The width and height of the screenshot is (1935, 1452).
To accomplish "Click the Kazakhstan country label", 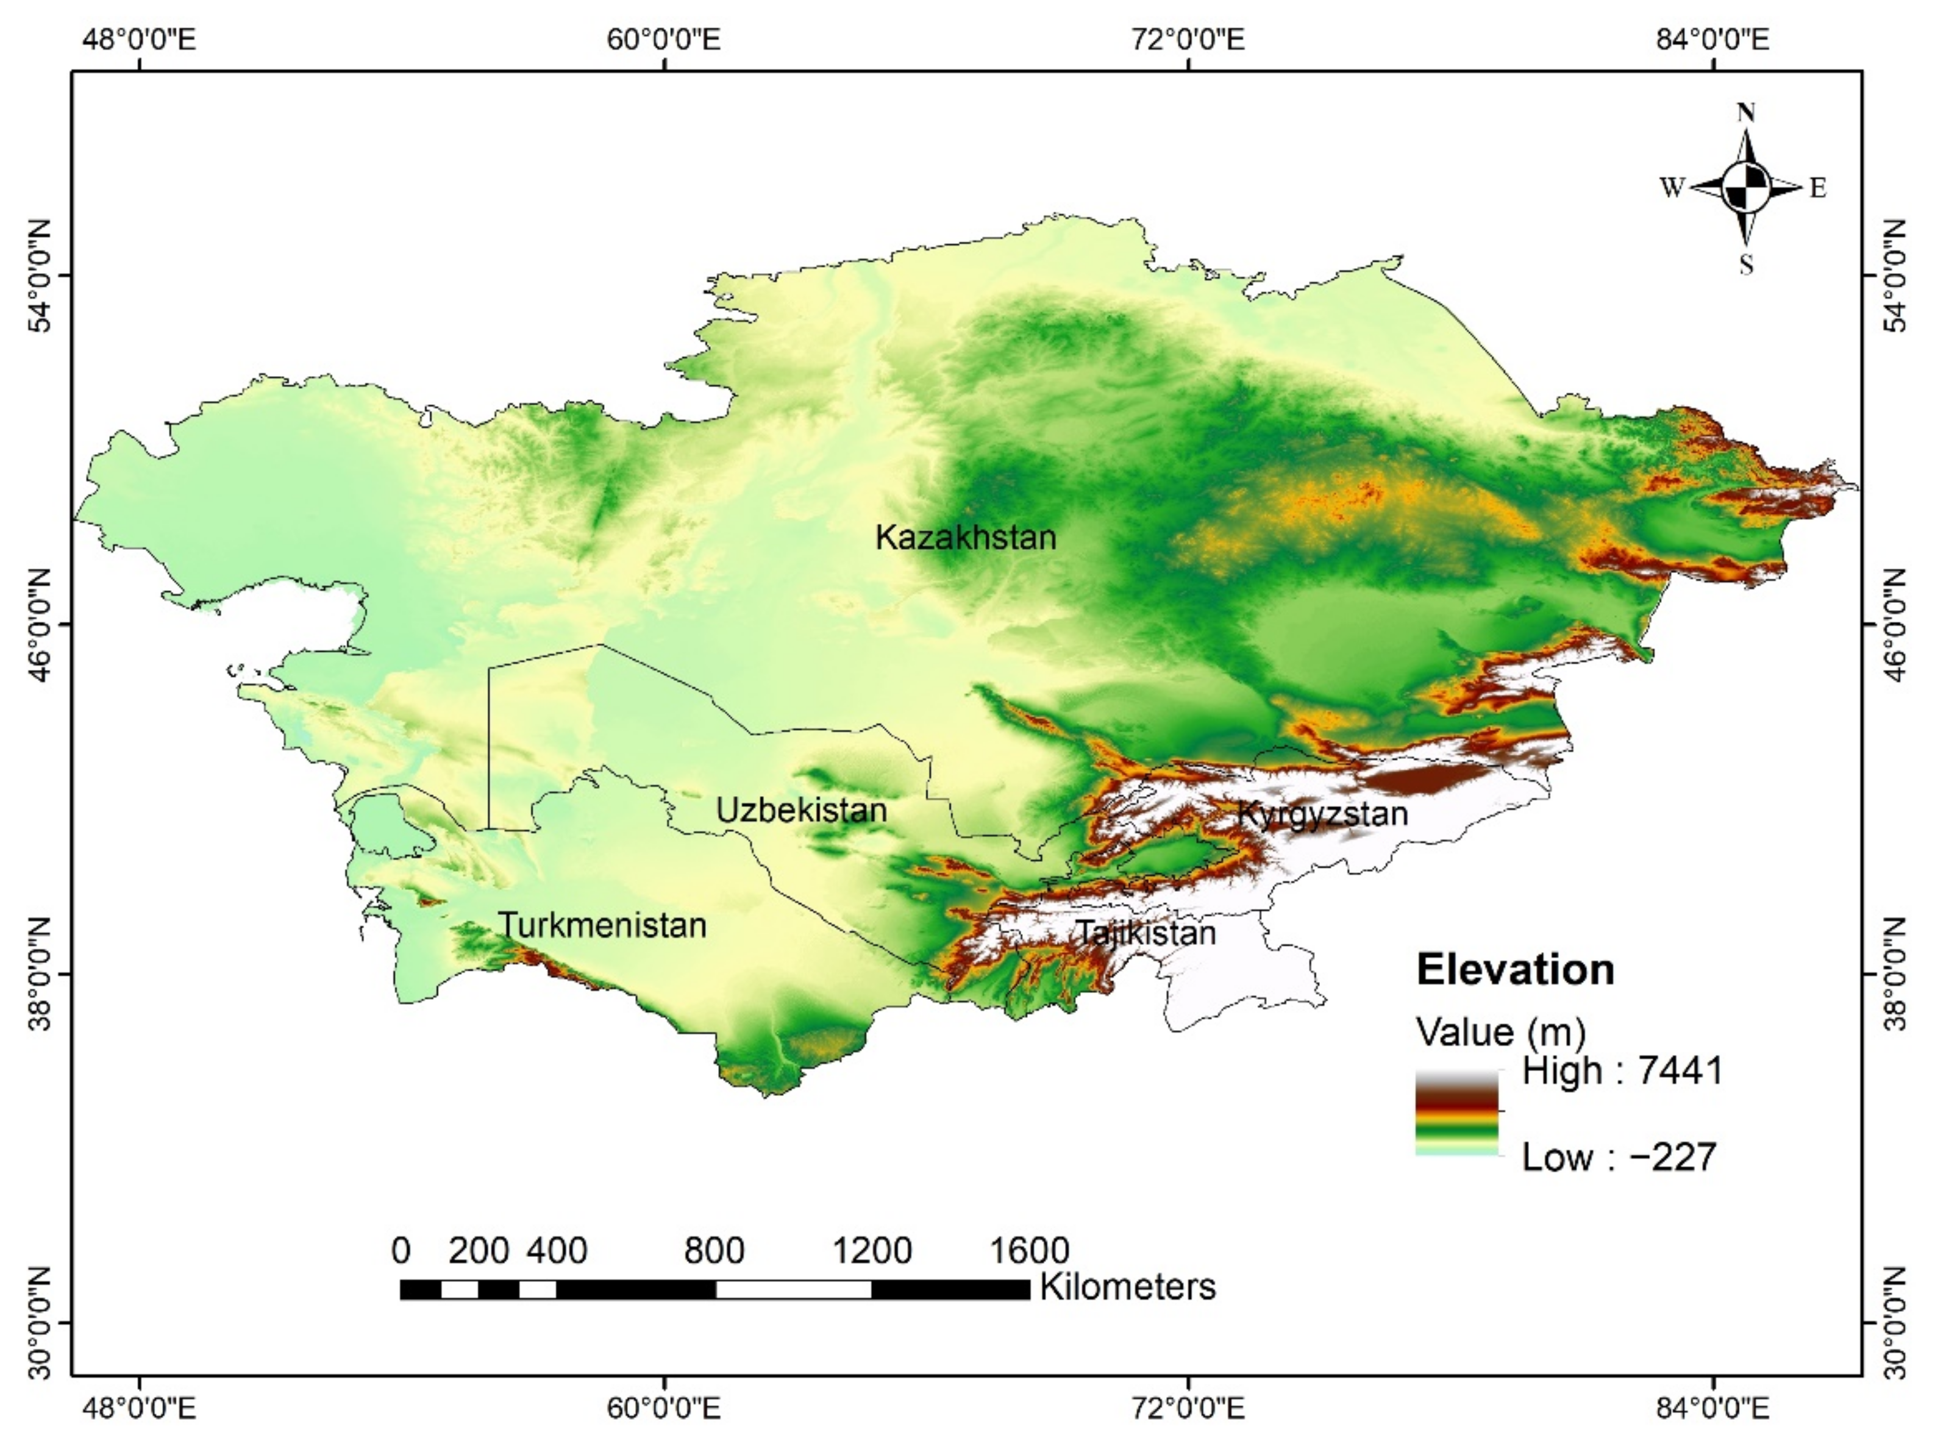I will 966,537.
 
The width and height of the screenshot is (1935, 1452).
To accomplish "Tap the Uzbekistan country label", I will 801,811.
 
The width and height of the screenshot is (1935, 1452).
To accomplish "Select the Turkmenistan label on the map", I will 602,925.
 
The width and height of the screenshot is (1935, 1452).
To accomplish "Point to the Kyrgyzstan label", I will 1323,814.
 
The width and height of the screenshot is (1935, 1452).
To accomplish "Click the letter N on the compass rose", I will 1745,113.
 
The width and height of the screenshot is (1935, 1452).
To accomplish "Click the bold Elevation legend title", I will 1515,970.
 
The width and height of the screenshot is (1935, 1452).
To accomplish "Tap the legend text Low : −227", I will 1619,1157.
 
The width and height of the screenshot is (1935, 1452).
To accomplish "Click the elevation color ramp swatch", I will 1456,1112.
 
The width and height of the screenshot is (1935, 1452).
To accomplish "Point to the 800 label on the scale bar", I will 714,1251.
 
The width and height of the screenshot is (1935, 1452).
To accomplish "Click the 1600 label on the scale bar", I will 1028,1251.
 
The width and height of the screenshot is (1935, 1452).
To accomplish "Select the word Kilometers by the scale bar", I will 1128,1287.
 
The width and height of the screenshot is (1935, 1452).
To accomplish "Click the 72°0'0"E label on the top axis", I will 1189,40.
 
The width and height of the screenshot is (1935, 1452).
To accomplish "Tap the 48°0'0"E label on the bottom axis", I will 140,1409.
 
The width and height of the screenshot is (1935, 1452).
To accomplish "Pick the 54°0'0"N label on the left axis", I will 40,276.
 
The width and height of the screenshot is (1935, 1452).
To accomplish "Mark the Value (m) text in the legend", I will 1500,1032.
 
